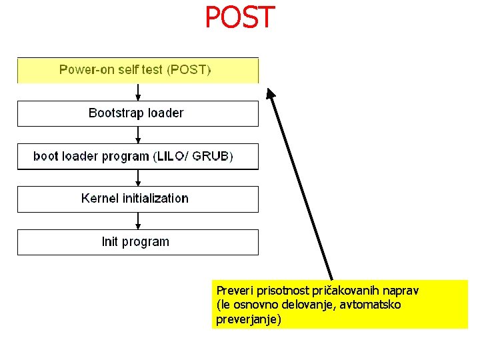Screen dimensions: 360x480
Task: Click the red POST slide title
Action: coord(239,18)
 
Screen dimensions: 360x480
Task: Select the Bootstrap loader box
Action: coord(137,113)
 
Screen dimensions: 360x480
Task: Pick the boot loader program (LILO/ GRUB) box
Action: coord(137,157)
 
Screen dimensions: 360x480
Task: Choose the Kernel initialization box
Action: coord(137,199)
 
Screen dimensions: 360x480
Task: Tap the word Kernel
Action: coord(97,198)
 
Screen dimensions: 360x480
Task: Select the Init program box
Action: coord(137,242)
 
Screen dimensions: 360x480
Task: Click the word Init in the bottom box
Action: coord(110,242)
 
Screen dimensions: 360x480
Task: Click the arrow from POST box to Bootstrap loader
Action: coord(137,92)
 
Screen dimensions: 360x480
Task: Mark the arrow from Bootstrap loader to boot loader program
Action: coord(137,135)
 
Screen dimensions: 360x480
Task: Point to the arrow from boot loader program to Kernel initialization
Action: coord(137,178)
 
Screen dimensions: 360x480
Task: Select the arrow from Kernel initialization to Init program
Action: coord(137,221)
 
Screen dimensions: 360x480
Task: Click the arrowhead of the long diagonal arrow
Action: coord(270,94)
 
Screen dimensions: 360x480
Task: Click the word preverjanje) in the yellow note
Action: coord(249,319)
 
